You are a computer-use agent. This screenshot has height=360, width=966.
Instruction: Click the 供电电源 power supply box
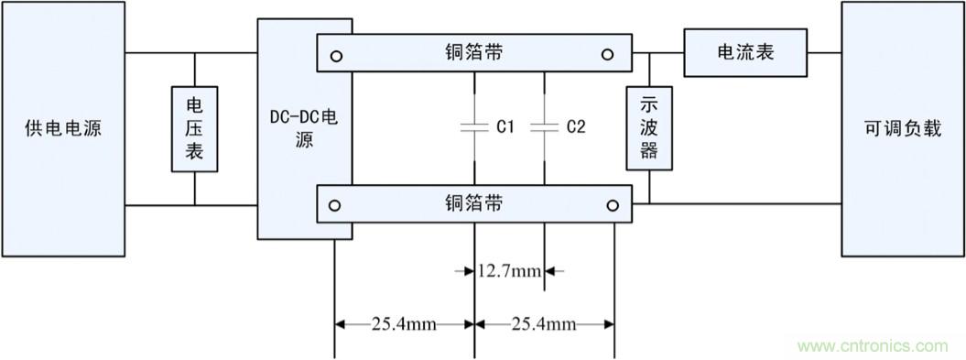tap(62, 128)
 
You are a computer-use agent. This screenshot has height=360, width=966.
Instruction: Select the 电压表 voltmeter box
tap(195, 129)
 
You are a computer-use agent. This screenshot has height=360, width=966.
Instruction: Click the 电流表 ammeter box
tap(744, 52)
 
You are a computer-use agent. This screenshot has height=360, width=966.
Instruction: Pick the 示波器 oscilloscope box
tap(648, 128)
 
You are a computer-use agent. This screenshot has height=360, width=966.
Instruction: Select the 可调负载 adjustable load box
tap(902, 128)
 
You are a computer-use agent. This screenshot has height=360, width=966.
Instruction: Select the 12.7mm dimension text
tap(510, 271)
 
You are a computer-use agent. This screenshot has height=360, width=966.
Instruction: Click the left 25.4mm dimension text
tap(404, 323)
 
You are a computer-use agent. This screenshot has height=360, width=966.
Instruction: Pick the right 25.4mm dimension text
tap(544, 323)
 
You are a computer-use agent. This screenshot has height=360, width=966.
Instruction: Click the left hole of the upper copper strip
tap(337, 55)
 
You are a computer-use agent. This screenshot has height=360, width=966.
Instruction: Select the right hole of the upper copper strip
tap(607, 55)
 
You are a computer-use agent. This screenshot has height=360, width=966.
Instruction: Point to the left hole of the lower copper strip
tap(337, 204)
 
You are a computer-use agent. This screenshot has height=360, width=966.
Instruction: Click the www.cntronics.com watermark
tap(873, 346)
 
